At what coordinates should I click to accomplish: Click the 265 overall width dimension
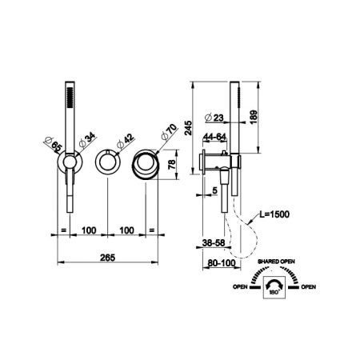pos(108,258)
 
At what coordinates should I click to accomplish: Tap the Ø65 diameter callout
pos(53,143)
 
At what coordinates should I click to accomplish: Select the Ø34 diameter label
pos(87,140)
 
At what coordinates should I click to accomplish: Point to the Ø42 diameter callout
pos(125,142)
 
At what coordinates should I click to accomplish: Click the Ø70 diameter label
pos(169,132)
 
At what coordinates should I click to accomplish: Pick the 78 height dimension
pos(172,165)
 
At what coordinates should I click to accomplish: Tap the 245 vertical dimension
pos(188,128)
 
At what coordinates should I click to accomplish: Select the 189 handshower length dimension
pos(254,117)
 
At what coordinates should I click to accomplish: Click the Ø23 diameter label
pos(214,118)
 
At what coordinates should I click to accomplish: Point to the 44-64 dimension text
pos(214,137)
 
